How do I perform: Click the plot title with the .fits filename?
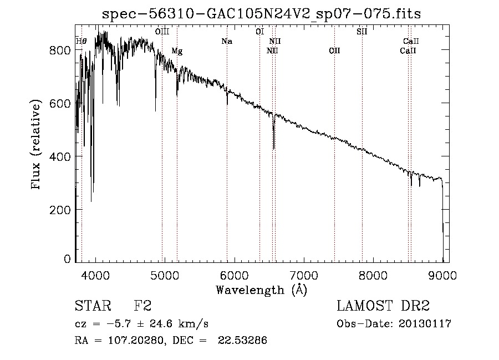point(262,14)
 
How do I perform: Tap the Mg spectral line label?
point(177,51)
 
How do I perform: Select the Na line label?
point(226,41)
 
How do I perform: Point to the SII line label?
point(361,32)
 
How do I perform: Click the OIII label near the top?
point(162,32)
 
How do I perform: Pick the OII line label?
point(334,51)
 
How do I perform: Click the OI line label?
point(259,32)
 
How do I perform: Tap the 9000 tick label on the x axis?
point(442,275)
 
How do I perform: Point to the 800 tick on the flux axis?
point(61,50)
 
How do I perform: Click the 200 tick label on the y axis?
point(61,210)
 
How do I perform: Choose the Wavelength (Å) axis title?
point(261,290)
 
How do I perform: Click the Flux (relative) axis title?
point(37,145)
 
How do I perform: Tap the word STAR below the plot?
point(91,306)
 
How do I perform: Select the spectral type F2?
point(142,306)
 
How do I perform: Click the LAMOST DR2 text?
point(383,306)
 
